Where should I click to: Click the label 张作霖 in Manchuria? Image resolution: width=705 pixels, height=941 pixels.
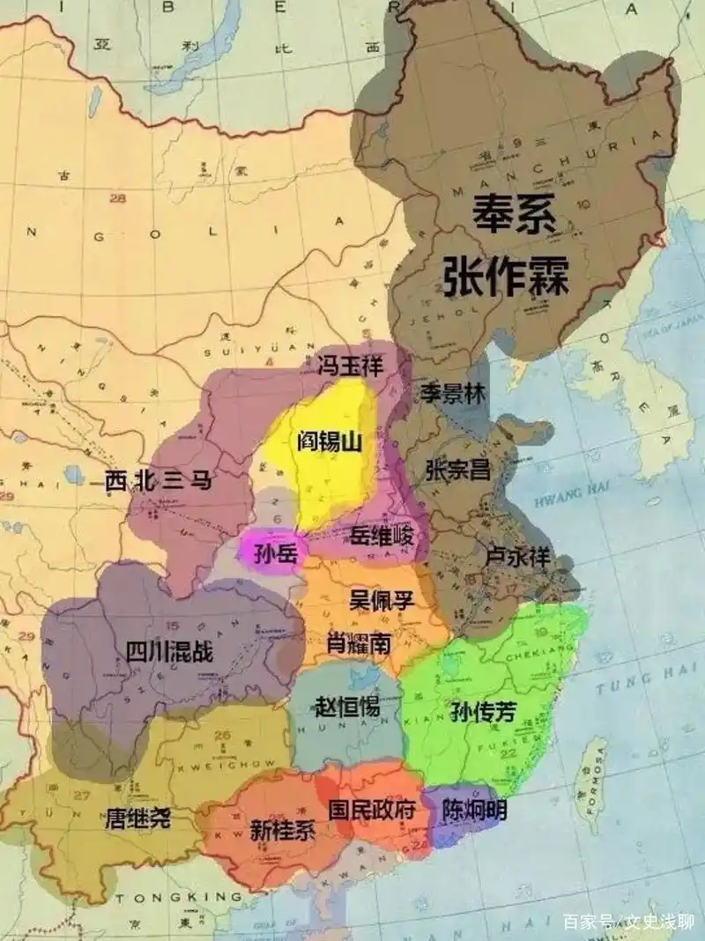[506, 277]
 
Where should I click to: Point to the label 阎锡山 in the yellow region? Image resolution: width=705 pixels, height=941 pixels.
[330, 441]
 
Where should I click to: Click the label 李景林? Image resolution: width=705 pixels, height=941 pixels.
[452, 393]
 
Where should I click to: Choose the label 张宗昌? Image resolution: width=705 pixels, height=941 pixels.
[457, 469]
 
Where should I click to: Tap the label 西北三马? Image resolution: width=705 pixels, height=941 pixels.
[159, 481]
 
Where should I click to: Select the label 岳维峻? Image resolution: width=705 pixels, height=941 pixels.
[376, 535]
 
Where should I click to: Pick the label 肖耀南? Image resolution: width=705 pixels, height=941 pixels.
[359, 644]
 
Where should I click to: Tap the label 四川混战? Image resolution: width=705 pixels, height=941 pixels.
[169, 652]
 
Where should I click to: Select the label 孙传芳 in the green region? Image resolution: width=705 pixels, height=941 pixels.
[482, 712]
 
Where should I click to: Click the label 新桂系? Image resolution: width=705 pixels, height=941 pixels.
[282, 829]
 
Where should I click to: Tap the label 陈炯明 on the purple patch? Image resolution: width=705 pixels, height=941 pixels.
[474, 809]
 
